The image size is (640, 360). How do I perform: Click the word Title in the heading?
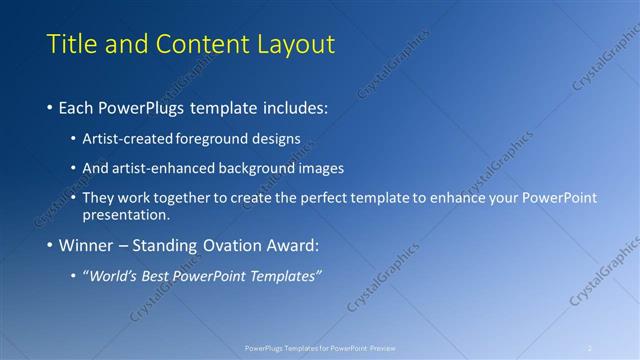[x=73, y=44]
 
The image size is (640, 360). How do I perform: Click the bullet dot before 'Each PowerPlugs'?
[x=51, y=106]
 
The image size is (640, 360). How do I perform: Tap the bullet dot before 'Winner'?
[x=51, y=245]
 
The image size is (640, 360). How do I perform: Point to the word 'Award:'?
[x=292, y=245]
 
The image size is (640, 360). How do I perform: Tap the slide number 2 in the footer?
[x=590, y=347]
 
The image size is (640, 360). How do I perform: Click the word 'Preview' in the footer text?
[x=383, y=347]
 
